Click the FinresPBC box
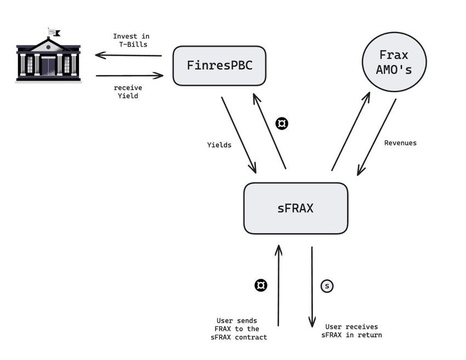coord(220,66)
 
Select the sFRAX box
coord(295,208)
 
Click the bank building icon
coord(48,59)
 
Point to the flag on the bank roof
coord(54,32)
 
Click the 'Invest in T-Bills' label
coord(131,40)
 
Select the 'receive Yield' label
coord(126,92)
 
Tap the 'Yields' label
coord(219,145)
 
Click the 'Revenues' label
coord(400,143)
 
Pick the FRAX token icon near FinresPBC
coord(282,123)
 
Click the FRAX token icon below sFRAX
coord(261,285)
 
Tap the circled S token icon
coord(327,286)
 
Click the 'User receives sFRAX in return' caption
coord(351,330)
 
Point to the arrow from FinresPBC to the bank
coord(128,55)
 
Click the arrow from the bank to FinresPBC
coord(129,75)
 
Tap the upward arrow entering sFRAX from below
coord(279,285)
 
